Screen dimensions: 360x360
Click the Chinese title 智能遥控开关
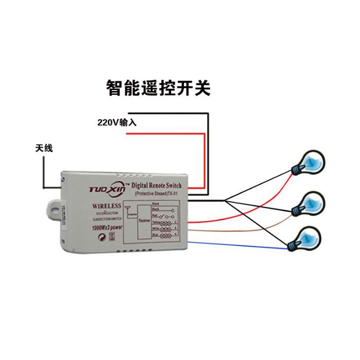point(158,88)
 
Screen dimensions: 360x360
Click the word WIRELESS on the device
point(106,206)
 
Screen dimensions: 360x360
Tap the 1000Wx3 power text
point(107,228)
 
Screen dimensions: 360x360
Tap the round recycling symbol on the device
point(102,237)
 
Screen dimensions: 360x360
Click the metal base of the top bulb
point(297,170)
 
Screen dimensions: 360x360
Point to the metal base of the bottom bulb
point(293,244)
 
